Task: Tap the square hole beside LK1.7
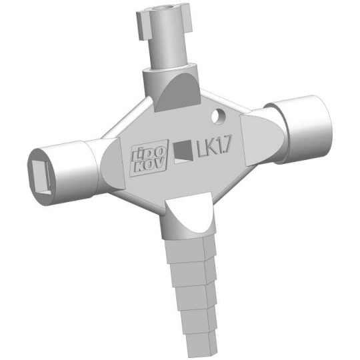[x=183, y=152]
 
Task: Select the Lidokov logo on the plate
[x=149, y=158]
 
